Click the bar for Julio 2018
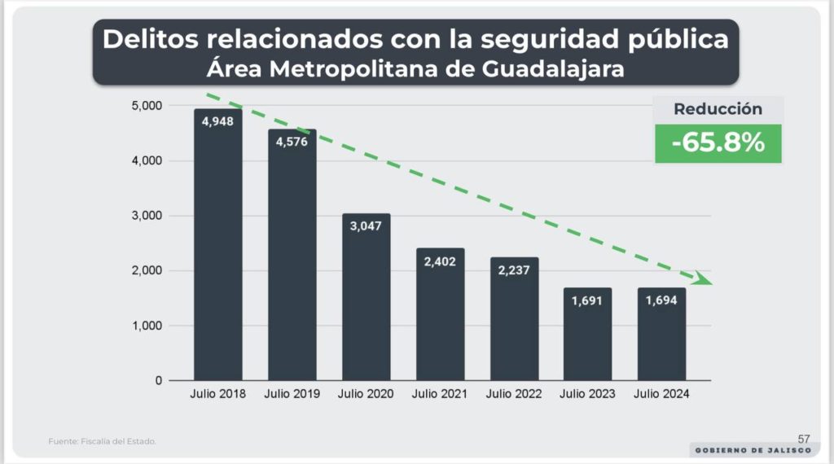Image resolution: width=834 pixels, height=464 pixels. (x=217, y=244)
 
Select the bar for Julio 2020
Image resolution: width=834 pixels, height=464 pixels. (x=366, y=297)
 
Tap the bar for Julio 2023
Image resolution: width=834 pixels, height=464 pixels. (x=587, y=334)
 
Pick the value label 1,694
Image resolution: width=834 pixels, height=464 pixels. (x=661, y=301)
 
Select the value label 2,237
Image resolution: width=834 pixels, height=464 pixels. (x=514, y=270)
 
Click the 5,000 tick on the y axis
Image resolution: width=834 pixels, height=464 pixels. (x=147, y=106)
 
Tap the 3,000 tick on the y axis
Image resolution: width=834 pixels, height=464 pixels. (x=147, y=216)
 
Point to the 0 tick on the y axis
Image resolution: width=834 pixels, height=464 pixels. (x=158, y=380)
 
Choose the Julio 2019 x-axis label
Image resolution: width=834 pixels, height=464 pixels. (x=292, y=394)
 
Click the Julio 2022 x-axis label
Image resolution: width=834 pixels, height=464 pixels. (x=514, y=394)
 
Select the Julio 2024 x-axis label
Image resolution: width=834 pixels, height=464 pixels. (x=661, y=394)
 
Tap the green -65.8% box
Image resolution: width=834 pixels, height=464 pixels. (x=718, y=143)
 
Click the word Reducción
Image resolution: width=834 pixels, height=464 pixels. (x=718, y=109)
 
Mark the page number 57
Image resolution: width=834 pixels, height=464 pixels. (x=804, y=439)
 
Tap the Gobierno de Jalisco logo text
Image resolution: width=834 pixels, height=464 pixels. (x=751, y=450)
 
